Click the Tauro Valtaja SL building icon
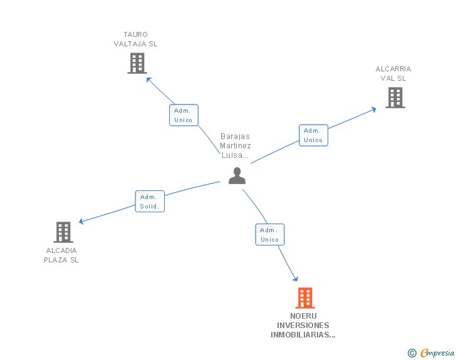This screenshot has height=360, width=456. (137, 63)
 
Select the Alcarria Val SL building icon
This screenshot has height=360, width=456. (395, 98)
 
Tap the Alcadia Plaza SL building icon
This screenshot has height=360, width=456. (63, 232)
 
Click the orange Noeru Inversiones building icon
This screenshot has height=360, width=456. (304, 298)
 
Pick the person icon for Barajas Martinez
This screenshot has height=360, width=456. (237, 176)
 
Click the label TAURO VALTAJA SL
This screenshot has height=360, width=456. (136, 39)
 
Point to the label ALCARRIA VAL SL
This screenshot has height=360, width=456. (393, 74)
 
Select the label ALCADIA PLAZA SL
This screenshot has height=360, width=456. (61, 255)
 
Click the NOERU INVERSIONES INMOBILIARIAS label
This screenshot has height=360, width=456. (303, 326)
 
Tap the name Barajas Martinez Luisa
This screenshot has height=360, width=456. (236, 146)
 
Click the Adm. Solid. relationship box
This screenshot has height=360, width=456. (150, 202)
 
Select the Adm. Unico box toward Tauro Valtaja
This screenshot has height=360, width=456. (184, 115)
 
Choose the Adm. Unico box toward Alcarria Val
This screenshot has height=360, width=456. (313, 135)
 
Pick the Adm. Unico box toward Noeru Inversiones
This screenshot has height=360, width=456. (270, 235)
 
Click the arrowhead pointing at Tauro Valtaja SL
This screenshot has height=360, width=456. (148, 79)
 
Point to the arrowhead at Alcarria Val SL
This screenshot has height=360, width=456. (373, 109)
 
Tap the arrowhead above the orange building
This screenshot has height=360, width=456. (295, 279)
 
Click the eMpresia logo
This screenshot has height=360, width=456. (437, 353)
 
